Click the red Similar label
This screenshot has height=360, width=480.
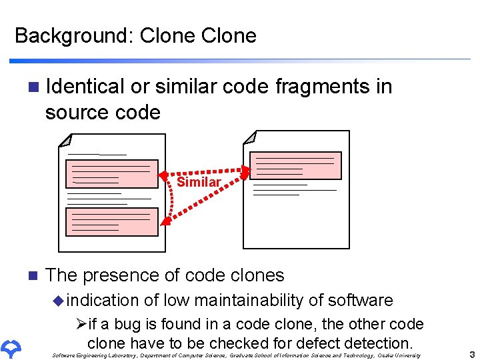(x=199, y=182)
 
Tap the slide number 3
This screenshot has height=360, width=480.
(x=472, y=355)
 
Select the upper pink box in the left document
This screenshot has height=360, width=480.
(x=112, y=174)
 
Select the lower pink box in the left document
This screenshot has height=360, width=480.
(x=112, y=221)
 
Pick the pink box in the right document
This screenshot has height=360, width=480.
(x=295, y=165)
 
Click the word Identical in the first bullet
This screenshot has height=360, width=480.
(x=86, y=87)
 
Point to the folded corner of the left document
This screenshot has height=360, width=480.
(x=65, y=140)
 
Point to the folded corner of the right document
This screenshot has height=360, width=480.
(x=250, y=137)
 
